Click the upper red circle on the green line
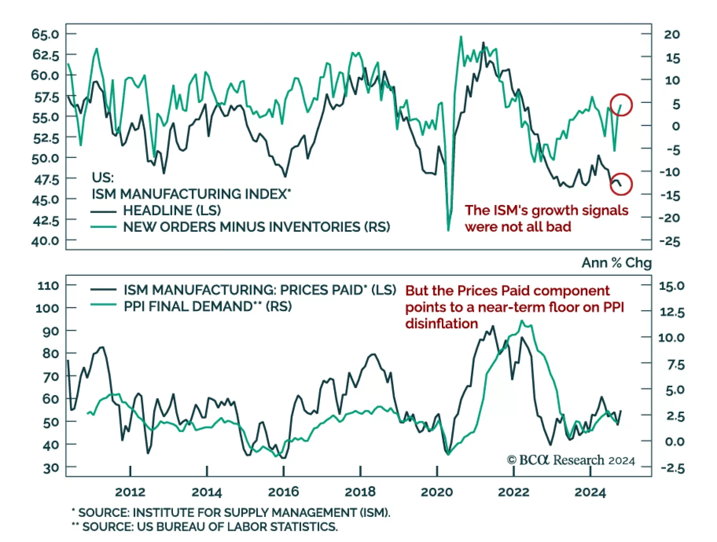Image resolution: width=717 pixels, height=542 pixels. point(621,105)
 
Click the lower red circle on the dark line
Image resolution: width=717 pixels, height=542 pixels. point(621,184)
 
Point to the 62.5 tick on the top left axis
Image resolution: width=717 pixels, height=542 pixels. point(45,55)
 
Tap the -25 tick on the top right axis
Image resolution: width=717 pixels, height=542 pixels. point(669,242)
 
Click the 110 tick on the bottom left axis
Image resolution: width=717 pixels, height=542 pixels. point(48,286)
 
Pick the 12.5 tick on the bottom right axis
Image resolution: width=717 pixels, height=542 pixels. point(671,312)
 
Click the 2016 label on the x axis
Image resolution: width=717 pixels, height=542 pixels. point(283,492)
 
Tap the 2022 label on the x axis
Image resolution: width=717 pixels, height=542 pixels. point(514,492)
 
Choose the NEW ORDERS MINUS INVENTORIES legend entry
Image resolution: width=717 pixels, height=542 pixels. point(256,227)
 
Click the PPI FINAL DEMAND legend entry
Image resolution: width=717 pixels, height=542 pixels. point(207,307)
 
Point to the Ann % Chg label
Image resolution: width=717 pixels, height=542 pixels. point(616,263)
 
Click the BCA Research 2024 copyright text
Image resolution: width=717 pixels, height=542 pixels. point(570,460)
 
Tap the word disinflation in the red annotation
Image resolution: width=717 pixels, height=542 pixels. point(441,324)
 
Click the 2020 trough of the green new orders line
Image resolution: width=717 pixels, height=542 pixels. point(448,230)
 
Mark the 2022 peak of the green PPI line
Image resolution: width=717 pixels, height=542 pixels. point(522,321)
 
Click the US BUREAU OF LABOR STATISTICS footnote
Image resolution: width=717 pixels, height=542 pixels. point(209,527)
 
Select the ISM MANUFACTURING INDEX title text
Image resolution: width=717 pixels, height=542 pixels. point(191,194)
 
